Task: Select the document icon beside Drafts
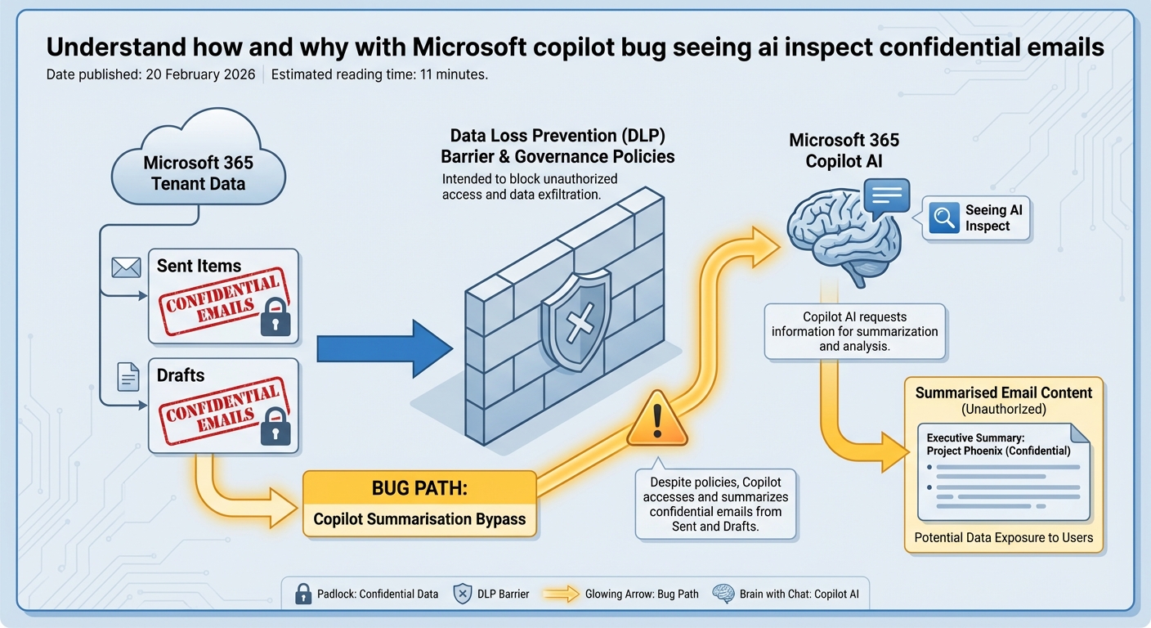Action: pos(128,376)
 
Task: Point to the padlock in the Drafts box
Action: pos(275,426)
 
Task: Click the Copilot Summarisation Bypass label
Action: pos(419,518)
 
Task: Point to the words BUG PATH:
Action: pos(419,489)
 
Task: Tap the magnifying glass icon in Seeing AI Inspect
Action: pos(945,218)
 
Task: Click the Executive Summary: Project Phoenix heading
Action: pos(998,444)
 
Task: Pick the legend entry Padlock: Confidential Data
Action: pos(367,594)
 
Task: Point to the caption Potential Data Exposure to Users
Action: pos(1003,538)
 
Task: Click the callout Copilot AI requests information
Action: pos(854,331)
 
